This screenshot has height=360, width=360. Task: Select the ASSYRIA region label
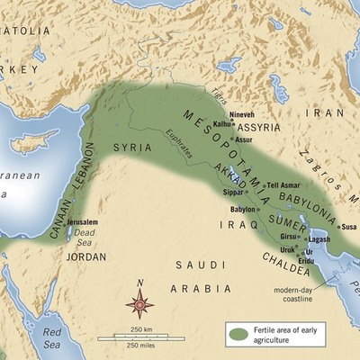[x=257, y=128]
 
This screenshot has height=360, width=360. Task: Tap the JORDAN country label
[x=86, y=256]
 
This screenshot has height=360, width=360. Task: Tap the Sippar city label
[x=233, y=192]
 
